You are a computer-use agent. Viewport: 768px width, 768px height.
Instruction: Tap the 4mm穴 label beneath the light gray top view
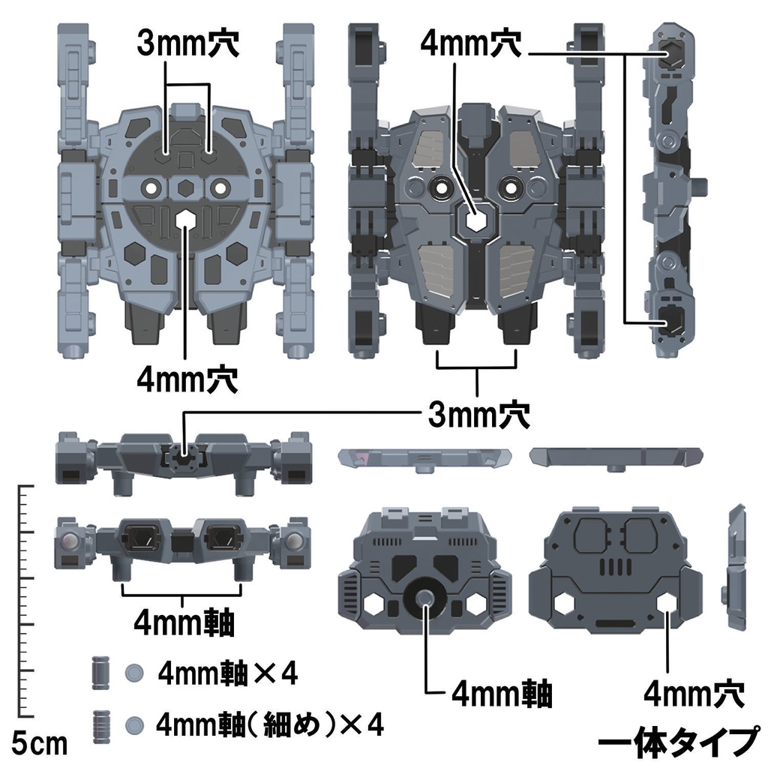[x=187, y=379]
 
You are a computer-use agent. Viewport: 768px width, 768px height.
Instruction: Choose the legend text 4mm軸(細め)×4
[x=270, y=724]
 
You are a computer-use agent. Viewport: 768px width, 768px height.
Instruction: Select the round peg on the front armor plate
[x=425, y=598]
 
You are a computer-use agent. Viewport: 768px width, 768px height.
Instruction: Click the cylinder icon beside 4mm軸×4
[x=100, y=673]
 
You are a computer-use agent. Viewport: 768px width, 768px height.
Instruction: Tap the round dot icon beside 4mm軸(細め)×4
[x=134, y=724]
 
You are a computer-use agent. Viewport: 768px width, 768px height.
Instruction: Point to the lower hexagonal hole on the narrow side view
[x=672, y=322]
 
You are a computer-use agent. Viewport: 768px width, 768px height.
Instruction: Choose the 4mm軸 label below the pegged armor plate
[x=502, y=694]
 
